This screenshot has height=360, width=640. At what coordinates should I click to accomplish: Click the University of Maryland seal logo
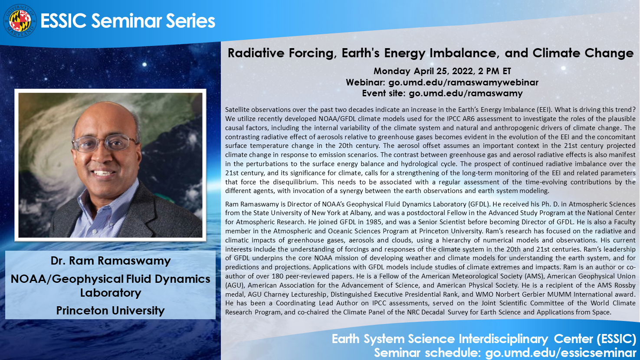click(x=20, y=21)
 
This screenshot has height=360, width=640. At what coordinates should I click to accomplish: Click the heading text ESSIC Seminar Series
click(x=128, y=21)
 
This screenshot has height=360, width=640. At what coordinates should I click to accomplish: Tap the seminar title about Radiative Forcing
click(x=430, y=53)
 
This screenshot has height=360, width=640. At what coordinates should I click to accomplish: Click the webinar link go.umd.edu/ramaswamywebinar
click(x=463, y=82)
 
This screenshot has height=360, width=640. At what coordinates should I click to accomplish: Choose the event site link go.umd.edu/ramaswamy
click(x=466, y=93)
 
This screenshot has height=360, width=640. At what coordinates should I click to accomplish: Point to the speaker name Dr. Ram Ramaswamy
click(x=111, y=261)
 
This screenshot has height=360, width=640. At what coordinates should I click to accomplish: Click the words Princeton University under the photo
click(x=110, y=311)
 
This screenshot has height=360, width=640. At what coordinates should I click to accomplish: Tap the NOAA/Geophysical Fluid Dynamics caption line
click(x=110, y=278)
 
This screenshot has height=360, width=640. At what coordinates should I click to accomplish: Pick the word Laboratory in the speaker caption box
click(x=111, y=293)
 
